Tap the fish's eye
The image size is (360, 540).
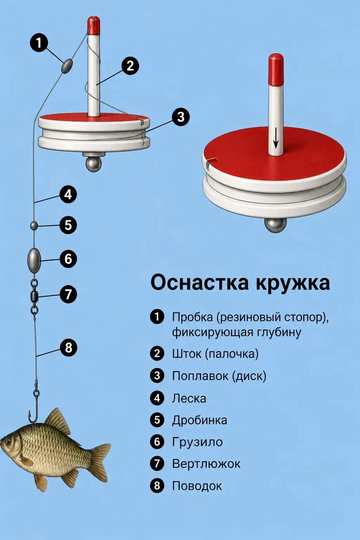(x=9, y=442)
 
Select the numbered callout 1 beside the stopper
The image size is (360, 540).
(x=39, y=43)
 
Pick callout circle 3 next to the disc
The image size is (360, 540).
(x=181, y=117)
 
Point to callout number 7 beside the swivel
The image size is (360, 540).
(x=68, y=294)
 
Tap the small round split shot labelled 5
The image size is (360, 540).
(x=33, y=226)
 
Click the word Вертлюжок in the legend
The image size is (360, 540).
(x=206, y=464)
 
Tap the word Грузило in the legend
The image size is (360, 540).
(x=197, y=442)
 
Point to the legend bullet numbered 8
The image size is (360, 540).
(x=157, y=485)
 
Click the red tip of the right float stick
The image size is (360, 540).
(x=276, y=70)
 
